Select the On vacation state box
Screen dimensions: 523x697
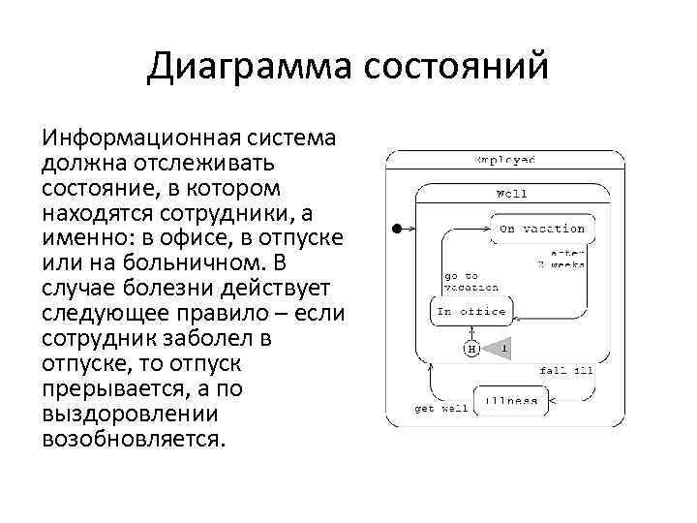click(x=542, y=229)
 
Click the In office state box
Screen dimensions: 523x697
click(x=470, y=311)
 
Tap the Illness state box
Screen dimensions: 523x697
click(x=510, y=400)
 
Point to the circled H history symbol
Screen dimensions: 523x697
click(x=471, y=348)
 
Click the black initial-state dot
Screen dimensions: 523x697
click(x=396, y=229)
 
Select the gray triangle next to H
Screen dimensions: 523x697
click(x=498, y=348)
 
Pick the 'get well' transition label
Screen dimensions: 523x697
click(x=440, y=408)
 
